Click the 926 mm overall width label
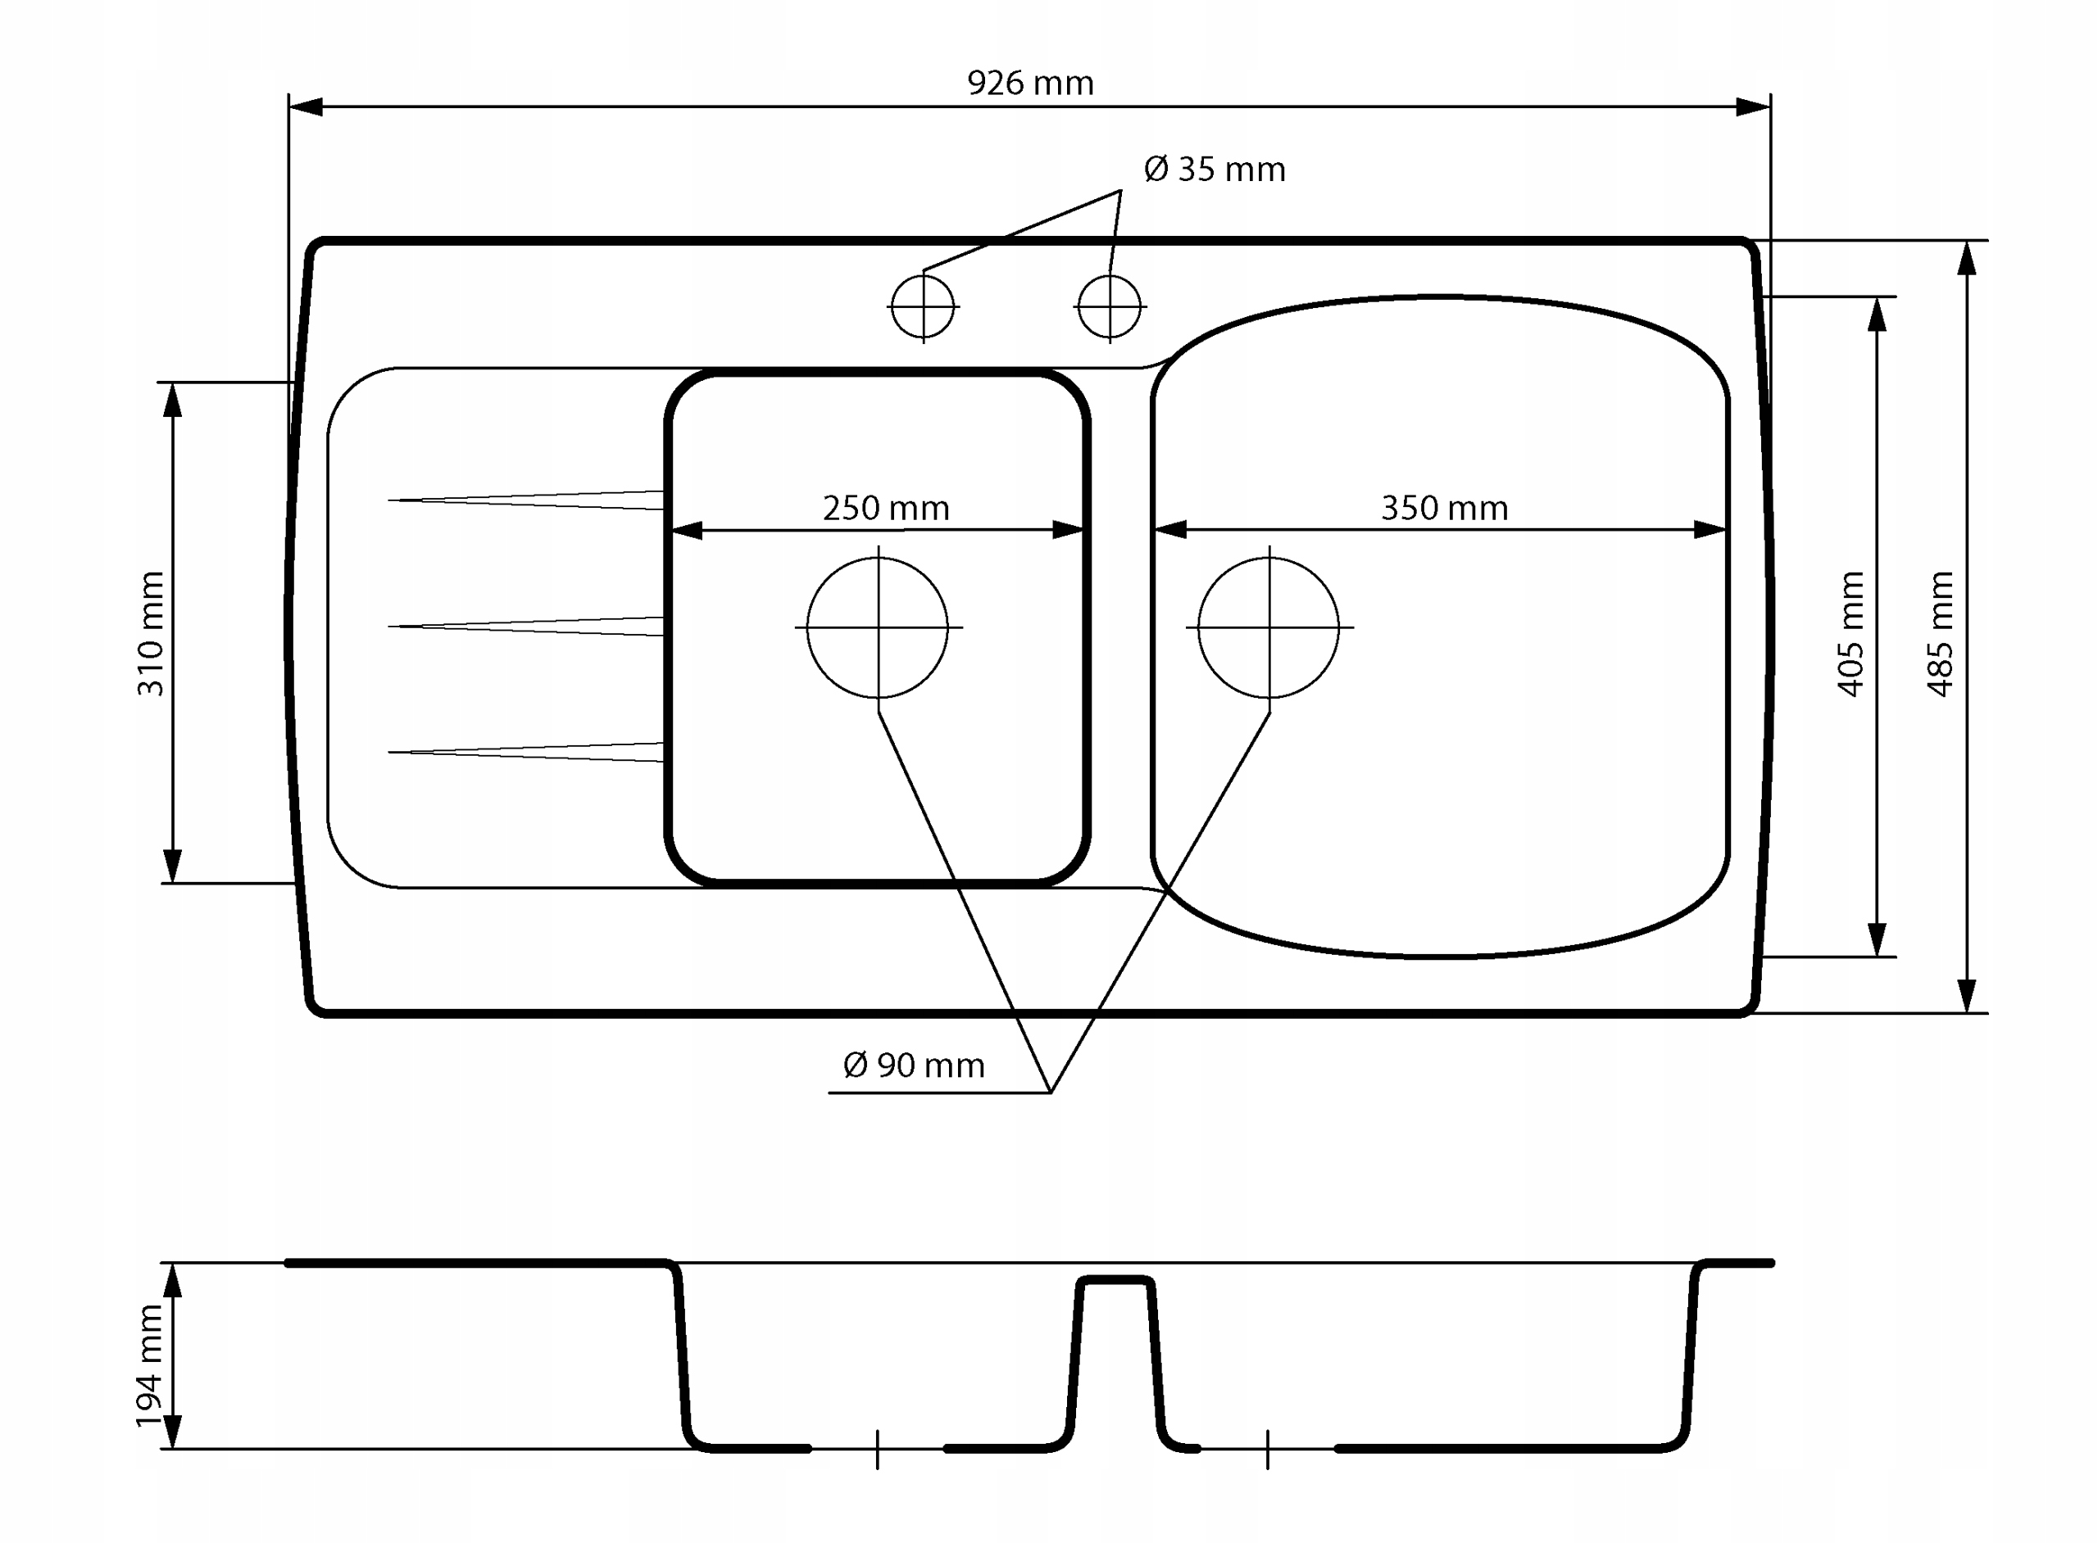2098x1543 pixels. pyautogui.click(x=1030, y=83)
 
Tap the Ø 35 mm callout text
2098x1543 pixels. pyautogui.click(x=1214, y=169)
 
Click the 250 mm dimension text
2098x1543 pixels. pyautogui.click(x=885, y=508)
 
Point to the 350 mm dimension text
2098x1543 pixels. pyautogui.click(x=1444, y=508)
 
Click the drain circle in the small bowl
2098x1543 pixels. pyautogui.click(x=807, y=627)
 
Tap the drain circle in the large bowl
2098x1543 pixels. pyautogui.click(x=1198, y=627)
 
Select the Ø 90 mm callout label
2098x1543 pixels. pyautogui.click(x=913, y=1065)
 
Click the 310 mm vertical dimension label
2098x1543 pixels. pyautogui.click(x=151, y=633)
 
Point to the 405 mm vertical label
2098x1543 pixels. pyautogui.click(x=1851, y=633)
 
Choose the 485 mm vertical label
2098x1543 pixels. pyautogui.click(x=1940, y=633)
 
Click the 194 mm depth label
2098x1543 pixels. pyautogui.click(x=149, y=1366)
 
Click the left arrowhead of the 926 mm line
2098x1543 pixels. pyautogui.click(x=306, y=106)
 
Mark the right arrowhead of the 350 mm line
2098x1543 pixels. pyautogui.click(x=1710, y=530)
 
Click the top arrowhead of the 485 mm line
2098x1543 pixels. pyautogui.click(x=1966, y=258)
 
